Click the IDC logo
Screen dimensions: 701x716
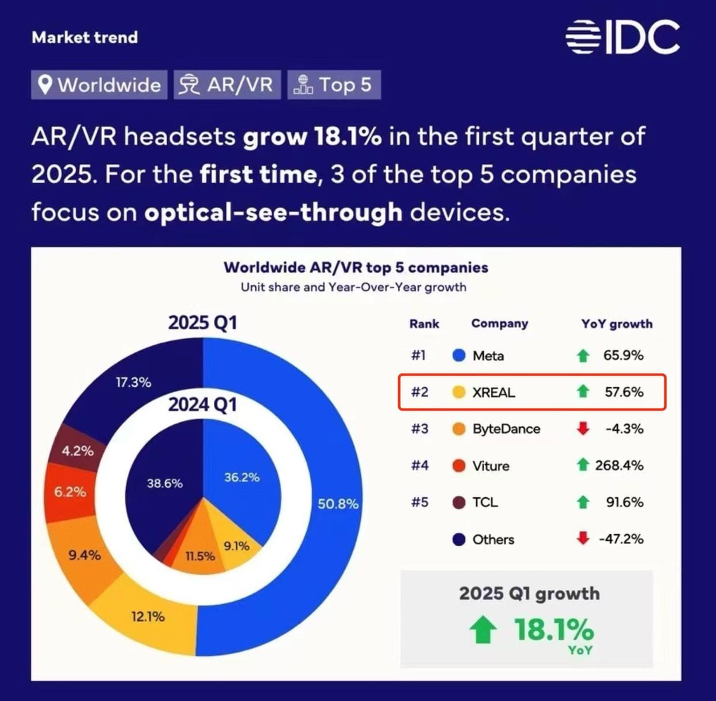623,37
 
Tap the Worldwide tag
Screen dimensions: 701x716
99,85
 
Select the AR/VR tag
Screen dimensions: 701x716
227,85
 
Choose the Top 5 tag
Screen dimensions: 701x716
334,85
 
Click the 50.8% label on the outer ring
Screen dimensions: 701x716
338,504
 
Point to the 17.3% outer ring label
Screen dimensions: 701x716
133,382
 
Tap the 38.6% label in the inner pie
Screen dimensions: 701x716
164,483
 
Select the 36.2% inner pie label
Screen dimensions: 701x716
242,477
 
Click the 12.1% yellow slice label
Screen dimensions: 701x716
148,616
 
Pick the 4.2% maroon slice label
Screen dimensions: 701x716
77,451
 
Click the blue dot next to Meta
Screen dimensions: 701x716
459,356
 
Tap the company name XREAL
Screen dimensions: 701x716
493,393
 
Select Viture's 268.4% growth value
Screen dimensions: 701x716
619,465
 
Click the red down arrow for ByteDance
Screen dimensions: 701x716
583,428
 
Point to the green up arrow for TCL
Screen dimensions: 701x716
583,502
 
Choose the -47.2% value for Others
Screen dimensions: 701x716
621,539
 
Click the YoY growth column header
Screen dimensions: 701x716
616,324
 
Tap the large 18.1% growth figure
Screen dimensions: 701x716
553,629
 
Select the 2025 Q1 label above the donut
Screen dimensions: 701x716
202,322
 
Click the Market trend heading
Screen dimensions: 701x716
85,37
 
